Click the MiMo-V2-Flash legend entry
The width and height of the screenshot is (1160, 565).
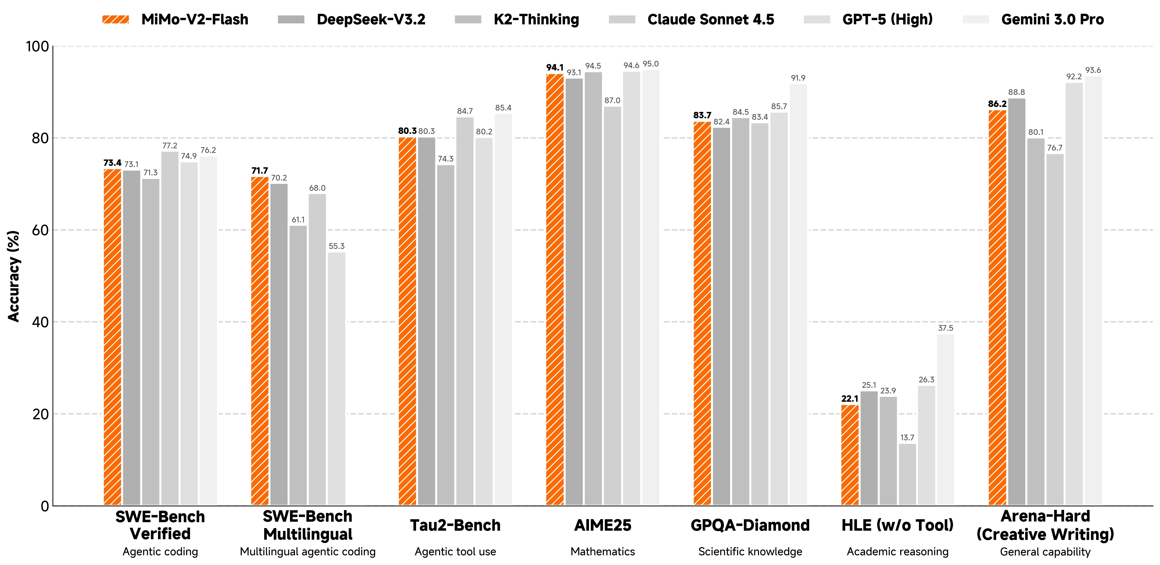176,19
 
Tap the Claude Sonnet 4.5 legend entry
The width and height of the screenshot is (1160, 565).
691,19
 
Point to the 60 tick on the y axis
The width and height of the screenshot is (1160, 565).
40,230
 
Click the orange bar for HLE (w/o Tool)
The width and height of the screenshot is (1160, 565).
850,455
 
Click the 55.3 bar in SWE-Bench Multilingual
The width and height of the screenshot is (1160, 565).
336,379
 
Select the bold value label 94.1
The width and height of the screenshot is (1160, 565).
555,68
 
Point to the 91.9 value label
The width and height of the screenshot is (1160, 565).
798,78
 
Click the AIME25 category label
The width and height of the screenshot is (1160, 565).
602,525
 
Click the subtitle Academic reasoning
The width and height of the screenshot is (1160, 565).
897,552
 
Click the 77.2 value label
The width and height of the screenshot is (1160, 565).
170,146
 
